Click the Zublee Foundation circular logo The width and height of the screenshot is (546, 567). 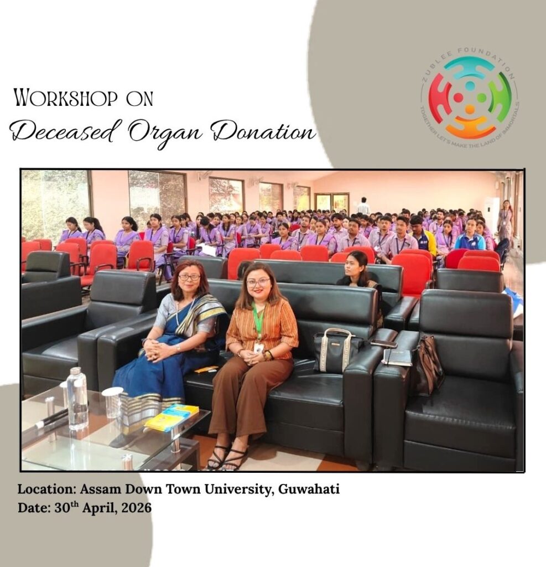[x=470, y=98]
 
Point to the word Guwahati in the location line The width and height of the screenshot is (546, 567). [x=309, y=489]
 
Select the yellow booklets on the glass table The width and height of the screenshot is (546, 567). [x=172, y=417]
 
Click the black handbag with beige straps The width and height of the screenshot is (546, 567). [x=335, y=350]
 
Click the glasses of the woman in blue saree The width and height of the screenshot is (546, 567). [x=189, y=277]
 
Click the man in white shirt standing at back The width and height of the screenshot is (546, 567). [x=363, y=206]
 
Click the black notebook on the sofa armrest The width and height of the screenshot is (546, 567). [x=397, y=357]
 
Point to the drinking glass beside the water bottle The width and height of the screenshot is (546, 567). [x=113, y=402]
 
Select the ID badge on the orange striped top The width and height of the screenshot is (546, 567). [x=258, y=348]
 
